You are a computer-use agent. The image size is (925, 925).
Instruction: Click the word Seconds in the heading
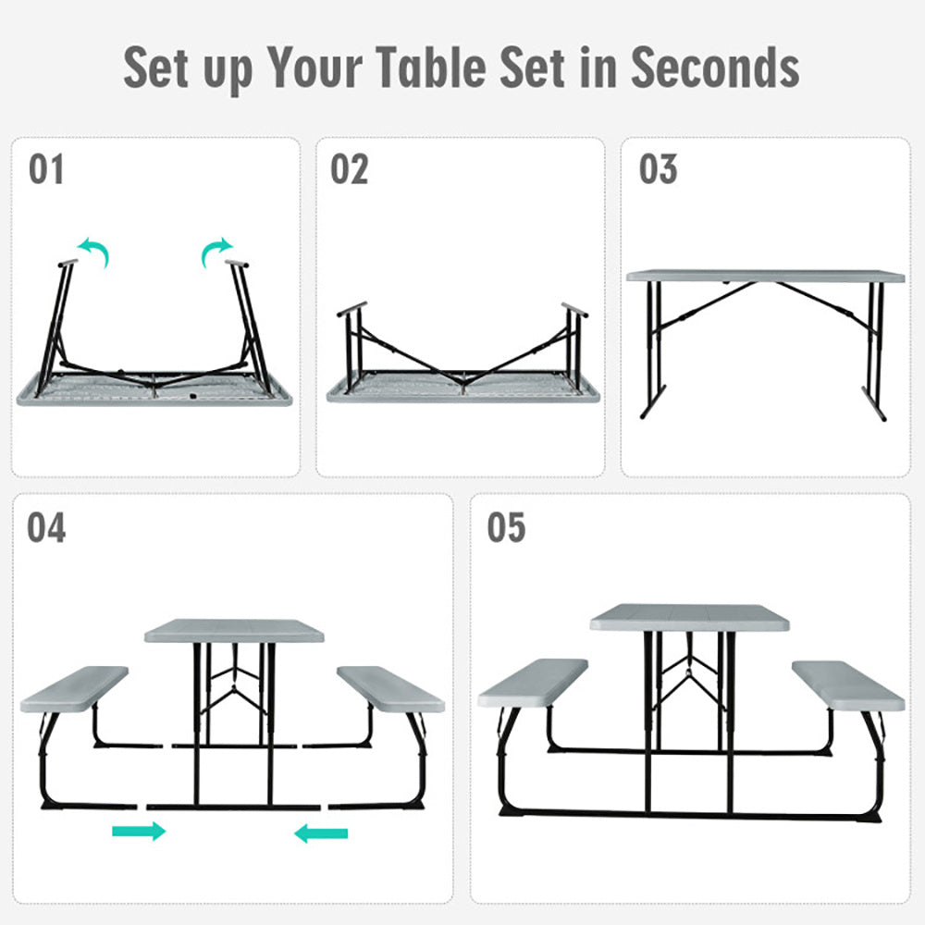pyautogui.click(x=715, y=67)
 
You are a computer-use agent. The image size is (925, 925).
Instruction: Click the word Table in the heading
pyautogui.click(x=439, y=67)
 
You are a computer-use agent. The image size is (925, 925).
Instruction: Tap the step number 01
pyautogui.click(x=46, y=170)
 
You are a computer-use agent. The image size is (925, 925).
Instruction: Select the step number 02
pyautogui.click(x=350, y=170)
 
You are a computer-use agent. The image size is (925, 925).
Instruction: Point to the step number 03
pyautogui.click(x=658, y=170)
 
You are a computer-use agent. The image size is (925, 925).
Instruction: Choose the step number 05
pyautogui.click(x=506, y=527)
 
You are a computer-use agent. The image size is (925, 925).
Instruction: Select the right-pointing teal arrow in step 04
pyautogui.click(x=139, y=831)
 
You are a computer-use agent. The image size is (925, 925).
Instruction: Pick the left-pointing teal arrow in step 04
pyautogui.click(x=321, y=833)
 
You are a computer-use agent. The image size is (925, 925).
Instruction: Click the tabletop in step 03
pyautogui.click(x=765, y=276)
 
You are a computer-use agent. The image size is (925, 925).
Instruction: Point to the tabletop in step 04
pyautogui.click(x=235, y=631)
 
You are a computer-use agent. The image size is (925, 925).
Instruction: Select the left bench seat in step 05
pyautogui.click(x=533, y=683)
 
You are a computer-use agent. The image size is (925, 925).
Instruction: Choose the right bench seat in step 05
pyautogui.click(x=847, y=685)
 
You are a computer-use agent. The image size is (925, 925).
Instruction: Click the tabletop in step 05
pyautogui.click(x=689, y=617)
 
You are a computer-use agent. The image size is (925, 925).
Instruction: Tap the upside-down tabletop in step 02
pyautogui.click(x=462, y=390)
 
